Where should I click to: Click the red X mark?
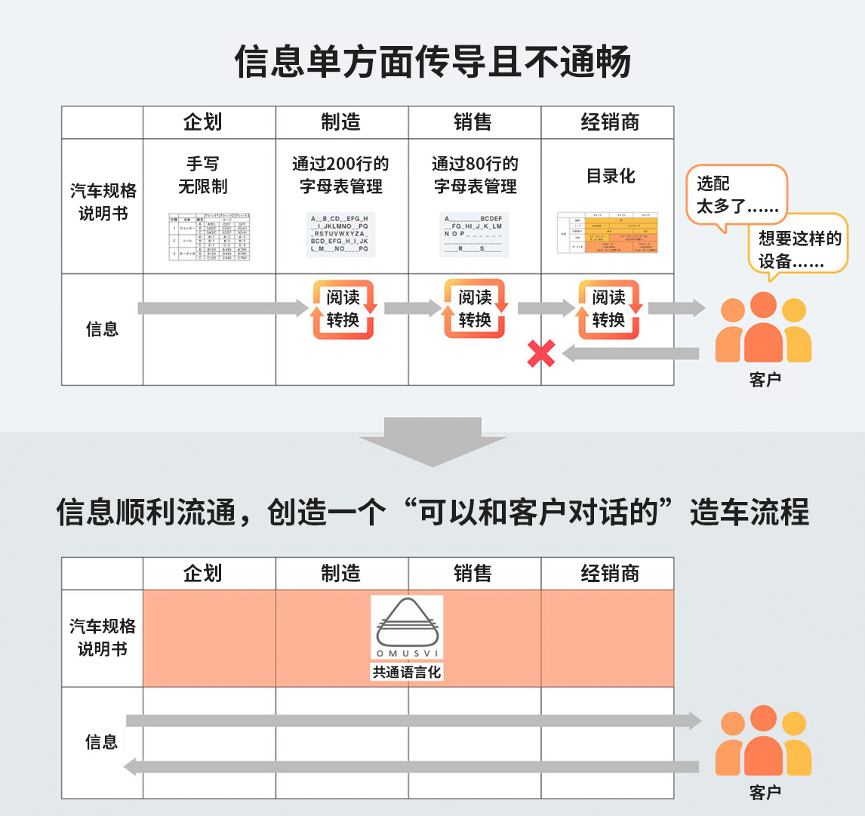point(541,353)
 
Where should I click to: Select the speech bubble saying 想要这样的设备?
point(799,250)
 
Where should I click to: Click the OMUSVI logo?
point(407,628)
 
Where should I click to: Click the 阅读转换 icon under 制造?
point(343,309)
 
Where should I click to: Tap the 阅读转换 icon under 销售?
point(475,309)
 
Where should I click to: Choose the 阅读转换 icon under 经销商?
point(608,309)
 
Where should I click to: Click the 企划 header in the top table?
point(203,122)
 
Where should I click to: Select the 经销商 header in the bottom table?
point(610,574)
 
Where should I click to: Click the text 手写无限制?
point(203,175)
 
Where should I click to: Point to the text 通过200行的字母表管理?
point(341,175)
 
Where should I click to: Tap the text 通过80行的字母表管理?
point(475,175)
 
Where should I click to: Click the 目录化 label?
point(611,177)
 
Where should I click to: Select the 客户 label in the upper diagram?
point(765,380)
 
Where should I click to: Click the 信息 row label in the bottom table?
point(102,742)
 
